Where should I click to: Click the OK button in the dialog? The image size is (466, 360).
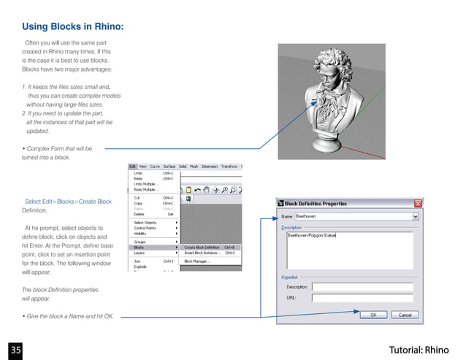373,315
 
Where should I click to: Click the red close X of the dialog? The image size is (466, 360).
418,203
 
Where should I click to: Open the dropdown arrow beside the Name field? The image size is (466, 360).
416,216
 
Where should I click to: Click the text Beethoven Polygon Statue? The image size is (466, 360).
311,236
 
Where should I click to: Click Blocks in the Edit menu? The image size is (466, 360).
139,247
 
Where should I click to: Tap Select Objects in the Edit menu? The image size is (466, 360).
145,223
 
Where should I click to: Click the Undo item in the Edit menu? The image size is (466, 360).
138,172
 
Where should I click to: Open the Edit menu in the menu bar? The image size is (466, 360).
132,166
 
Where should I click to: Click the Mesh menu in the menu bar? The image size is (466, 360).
194,166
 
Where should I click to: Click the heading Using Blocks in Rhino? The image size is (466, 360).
72,27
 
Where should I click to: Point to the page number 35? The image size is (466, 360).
15,349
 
